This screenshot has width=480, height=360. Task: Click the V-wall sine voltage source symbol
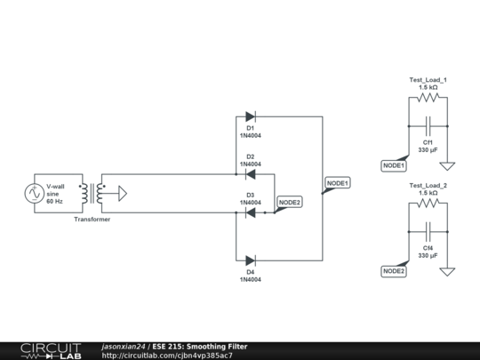tap(35, 193)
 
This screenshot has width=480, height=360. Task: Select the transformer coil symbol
tap(92, 193)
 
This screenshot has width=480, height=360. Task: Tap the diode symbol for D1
tap(250, 116)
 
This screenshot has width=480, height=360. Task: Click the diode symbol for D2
tap(250, 174)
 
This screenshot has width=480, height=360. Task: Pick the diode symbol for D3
tap(250, 212)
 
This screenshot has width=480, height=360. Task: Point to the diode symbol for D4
tap(250, 260)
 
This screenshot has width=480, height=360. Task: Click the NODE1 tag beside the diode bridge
tap(338, 182)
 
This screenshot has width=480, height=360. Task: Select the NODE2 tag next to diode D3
tap(289, 202)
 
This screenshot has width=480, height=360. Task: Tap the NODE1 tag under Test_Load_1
tap(393, 165)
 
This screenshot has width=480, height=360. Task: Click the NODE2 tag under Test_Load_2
tap(393, 271)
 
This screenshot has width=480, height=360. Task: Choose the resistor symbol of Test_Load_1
tap(428, 100)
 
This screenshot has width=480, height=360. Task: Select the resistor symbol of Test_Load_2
tap(428, 204)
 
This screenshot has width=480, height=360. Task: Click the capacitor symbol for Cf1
tap(428, 126)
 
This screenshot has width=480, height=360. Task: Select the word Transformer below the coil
tap(92, 220)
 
